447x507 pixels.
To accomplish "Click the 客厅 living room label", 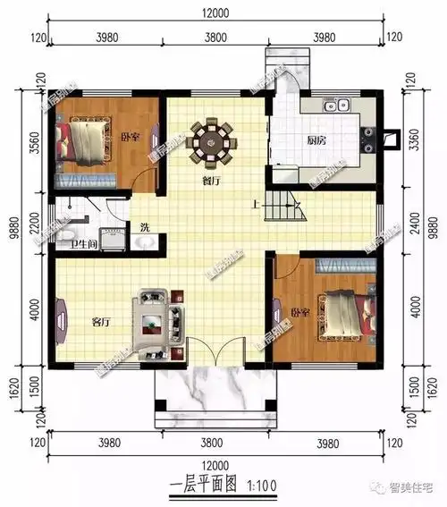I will point(101,321).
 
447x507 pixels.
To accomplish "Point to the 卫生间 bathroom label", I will point(85,244).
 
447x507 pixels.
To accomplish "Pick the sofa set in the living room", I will point(157,317).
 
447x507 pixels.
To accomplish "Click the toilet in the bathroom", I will point(67,237).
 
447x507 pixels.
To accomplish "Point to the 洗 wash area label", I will point(144,227).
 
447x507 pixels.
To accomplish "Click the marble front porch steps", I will point(213,393).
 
